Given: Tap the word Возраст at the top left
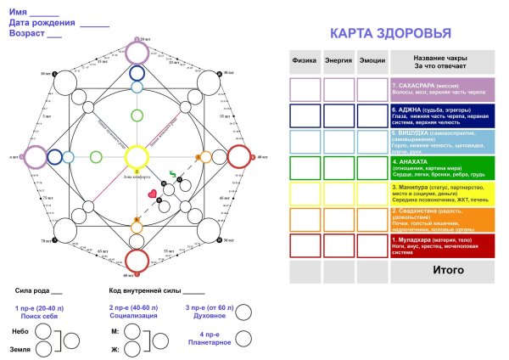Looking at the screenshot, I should click(x=26, y=35).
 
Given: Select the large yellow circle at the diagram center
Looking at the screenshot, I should click(x=137, y=156).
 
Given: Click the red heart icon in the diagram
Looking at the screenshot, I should click(x=153, y=194).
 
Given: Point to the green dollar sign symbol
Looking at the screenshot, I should click(x=172, y=176).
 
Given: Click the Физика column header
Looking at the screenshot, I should click(x=305, y=61).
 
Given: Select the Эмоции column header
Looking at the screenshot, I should click(x=372, y=61).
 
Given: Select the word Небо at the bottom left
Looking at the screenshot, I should click(x=22, y=329).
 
